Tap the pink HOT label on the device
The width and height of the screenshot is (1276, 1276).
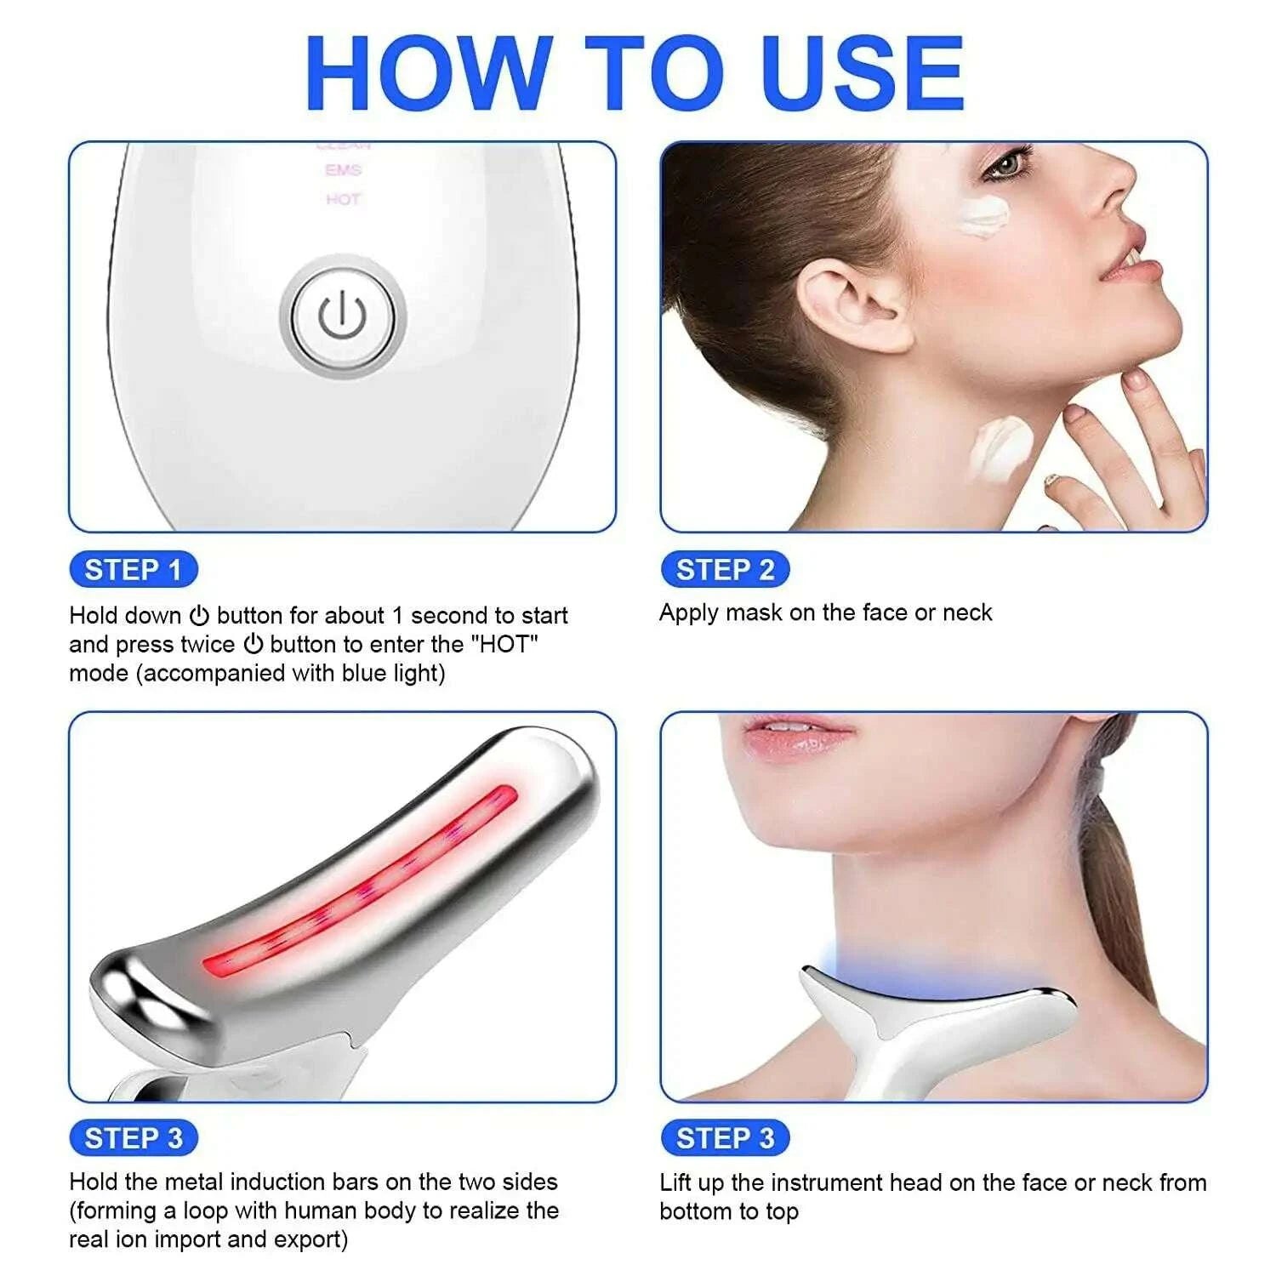[343, 199]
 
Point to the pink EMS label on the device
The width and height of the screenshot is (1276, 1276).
[343, 170]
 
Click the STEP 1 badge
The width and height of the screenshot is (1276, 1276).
[133, 570]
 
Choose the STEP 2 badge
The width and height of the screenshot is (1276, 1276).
[725, 570]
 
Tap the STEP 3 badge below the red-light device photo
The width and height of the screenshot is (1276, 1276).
[133, 1138]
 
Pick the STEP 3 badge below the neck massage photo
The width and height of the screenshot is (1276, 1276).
[725, 1138]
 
